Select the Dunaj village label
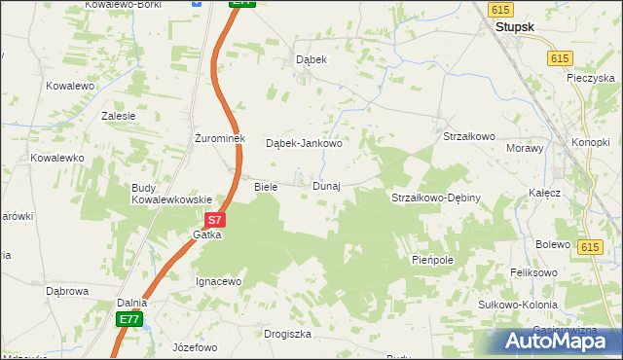pyautogui.click(x=326, y=186)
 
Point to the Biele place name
pyautogui.click(x=266, y=186)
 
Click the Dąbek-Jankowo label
pyautogui.click(x=304, y=143)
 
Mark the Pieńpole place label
pyautogui.click(x=433, y=261)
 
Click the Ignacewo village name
pyautogui.click(x=218, y=281)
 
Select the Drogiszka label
pyautogui.click(x=287, y=334)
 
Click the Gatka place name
pyautogui.click(x=207, y=235)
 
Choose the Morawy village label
pyautogui.click(x=524, y=148)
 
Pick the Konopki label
pyautogui.click(x=590, y=142)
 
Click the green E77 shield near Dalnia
pyautogui.click(x=129, y=319)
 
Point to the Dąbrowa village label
pyautogui.click(x=68, y=290)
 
